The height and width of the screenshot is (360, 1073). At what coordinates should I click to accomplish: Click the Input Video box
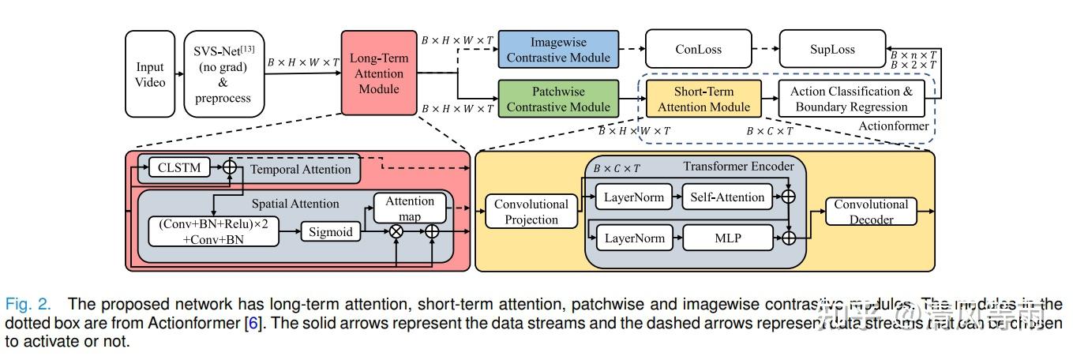pyautogui.click(x=150, y=74)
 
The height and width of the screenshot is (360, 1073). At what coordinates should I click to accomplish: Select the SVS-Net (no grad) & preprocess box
pyautogui.click(x=223, y=74)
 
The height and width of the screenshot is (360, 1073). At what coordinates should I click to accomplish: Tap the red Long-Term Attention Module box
pyautogui.click(x=379, y=73)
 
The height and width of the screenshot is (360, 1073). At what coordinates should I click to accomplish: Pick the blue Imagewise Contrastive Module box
pyautogui.click(x=558, y=49)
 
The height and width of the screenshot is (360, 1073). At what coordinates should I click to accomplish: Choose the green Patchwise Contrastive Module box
pyautogui.click(x=558, y=99)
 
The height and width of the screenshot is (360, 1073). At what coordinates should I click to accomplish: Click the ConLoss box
pyautogui.click(x=698, y=49)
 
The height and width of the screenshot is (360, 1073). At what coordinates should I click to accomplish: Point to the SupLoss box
pyautogui.click(x=831, y=49)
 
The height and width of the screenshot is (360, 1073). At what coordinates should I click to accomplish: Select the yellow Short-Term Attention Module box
pyautogui.click(x=703, y=99)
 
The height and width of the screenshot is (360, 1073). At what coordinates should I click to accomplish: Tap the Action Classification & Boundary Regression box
pyautogui.click(x=851, y=99)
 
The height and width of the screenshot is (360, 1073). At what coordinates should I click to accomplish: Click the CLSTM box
pyautogui.click(x=179, y=167)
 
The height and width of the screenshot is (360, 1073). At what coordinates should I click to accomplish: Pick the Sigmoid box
pyautogui.click(x=330, y=231)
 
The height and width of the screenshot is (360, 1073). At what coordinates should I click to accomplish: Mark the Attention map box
pyautogui.click(x=410, y=208)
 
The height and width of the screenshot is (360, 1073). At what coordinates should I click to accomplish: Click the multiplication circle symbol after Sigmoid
pyautogui.click(x=396, y=231)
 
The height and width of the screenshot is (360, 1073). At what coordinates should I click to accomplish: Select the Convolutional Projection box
pyautogui.click(x=531, y=212)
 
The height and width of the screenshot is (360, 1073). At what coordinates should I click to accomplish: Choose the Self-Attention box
pyautogui.click(x=727, y=197)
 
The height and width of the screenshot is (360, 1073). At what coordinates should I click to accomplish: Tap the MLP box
pyautogui.click(x=727, y=237)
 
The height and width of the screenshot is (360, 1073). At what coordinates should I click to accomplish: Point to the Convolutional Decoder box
pyautogui.click(x=871, y=211)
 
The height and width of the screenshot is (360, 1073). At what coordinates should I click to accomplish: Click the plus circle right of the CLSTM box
pyautogui.click(x=230, y=167)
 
